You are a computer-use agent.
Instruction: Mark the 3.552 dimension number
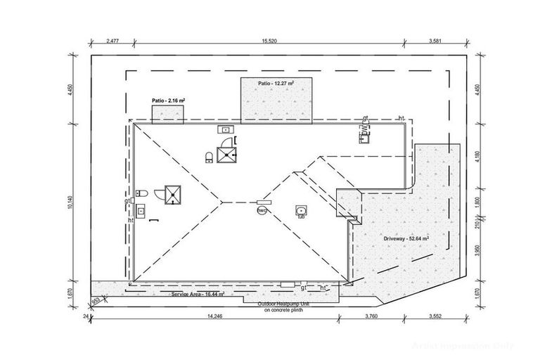point(438,316)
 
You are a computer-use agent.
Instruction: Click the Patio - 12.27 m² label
point(275,83)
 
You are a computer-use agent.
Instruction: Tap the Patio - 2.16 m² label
point(169,101)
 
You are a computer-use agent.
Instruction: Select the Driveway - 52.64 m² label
point(406,238)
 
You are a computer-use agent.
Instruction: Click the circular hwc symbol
point(261,210)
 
